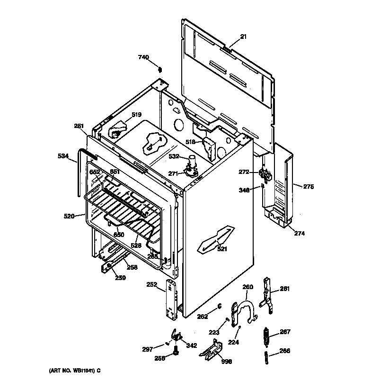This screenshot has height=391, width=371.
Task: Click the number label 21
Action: pyautogui.click(x=243, y=36)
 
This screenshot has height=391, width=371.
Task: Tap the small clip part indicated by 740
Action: pyautogui.click(x=159, y=70)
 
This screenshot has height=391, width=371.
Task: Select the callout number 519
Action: pyautogui.click(x=136, y=115)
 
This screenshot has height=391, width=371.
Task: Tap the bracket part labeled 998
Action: pyautogui.click(x=211, y=351)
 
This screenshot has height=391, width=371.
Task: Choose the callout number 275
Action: pyautogui.click(x=308, y=187)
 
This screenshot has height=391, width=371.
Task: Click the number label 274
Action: pyautogui.click(x=299, y=233)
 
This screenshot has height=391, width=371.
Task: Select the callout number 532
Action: pyautogui.click(x=174, y=156)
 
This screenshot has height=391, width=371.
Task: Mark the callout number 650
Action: pyautogui.click(x=119, y=235)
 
